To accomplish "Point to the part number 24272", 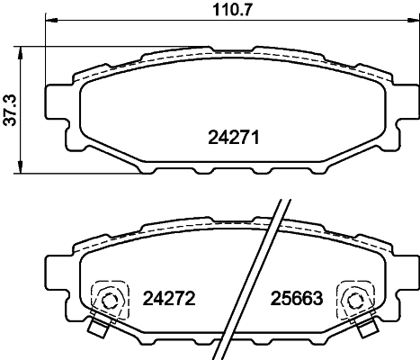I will point(170,296).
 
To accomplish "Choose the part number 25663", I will point(298,296).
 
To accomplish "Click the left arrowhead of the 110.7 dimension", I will point(49,24).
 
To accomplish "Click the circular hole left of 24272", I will point(112,301).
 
